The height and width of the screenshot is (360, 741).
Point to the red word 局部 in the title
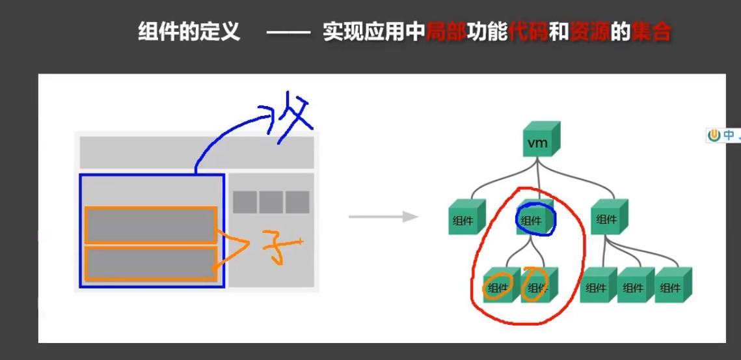446,31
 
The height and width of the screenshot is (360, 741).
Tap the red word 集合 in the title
651,31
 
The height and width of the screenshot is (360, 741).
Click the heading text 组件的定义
189,31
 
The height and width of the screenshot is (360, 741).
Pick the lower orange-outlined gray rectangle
150,264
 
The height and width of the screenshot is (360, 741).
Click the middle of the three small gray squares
271,202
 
